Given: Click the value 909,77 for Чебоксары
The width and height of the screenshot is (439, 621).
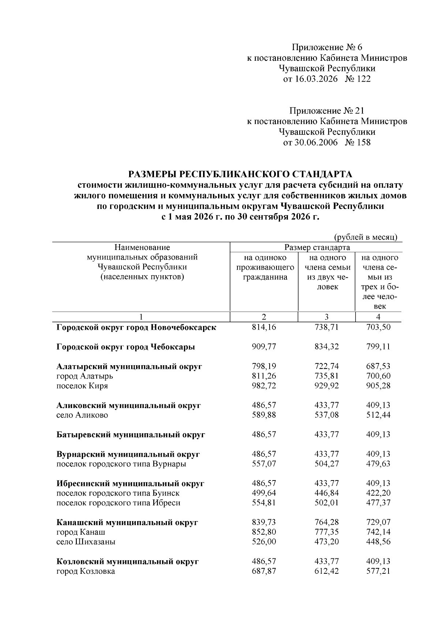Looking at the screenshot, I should coord(264,347).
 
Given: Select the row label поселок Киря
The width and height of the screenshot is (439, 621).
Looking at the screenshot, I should coord(82,386).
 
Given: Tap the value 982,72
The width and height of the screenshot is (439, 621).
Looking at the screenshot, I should coord(264,386).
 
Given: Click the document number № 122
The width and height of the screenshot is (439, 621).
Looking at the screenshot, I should coord(357,79).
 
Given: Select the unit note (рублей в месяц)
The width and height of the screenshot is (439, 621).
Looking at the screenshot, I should coord(366,237).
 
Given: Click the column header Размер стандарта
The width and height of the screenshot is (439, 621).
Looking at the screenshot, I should coord(317,247).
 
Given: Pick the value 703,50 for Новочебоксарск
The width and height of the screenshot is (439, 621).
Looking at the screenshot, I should coord(378,327).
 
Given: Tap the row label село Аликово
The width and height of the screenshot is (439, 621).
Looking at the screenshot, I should coord(82,415).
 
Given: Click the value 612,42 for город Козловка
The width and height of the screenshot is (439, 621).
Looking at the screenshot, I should coord(326,571).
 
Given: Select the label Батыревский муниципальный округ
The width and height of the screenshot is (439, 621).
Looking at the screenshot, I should coord(131,434).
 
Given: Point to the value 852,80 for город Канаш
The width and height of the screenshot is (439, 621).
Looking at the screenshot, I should coord(264,532).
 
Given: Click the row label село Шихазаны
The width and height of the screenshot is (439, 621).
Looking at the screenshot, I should coord(86,542).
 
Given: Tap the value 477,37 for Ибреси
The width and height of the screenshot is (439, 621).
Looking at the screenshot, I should coord(378,503).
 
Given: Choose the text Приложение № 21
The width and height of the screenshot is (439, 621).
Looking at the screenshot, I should coord(327,111).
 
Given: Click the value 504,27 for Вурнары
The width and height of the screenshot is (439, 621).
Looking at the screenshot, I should coord(326,464).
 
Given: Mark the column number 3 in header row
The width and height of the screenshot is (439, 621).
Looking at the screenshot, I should coord(326,317).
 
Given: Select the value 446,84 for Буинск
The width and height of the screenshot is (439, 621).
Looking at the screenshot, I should coord(326,493).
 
